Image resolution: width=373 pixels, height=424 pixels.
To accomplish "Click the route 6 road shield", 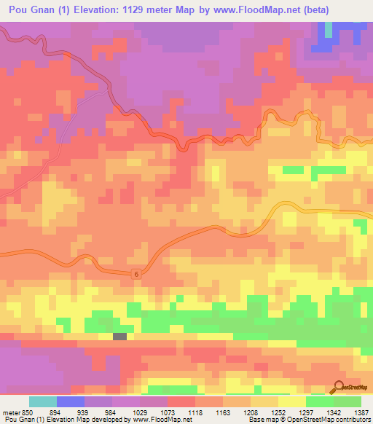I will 136,273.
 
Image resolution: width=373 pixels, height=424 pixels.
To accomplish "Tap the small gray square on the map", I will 119,336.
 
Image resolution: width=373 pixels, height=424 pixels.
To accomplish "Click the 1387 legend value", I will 363,412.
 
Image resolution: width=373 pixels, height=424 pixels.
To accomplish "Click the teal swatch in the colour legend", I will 43,401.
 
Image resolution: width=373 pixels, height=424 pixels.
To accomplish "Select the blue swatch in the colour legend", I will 71,401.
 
